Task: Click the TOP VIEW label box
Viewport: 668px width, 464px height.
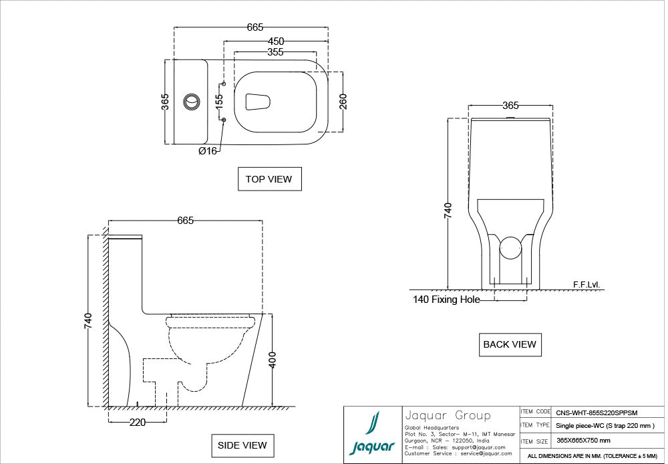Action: coord(269,179)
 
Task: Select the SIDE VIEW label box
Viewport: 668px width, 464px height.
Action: coord(242,445)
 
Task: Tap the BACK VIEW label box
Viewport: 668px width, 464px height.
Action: coord(510,344)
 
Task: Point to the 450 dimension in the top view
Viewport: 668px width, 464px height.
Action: coord(275,39)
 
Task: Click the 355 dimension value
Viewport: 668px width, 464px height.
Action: coord(275,51)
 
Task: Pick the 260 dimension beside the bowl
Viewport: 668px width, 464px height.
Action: coord(343,102)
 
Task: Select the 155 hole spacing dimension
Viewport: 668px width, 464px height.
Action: coord(219,102)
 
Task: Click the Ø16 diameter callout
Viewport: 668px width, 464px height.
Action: coord(207,151)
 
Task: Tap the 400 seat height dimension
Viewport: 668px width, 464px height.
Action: coord(272,360)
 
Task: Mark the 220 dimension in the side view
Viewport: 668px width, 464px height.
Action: coord(137,423)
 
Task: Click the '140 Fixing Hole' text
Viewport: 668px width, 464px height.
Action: coord(446,300)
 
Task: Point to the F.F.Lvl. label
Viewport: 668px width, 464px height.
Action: coord(587,285)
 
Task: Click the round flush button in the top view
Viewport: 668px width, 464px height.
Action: coord(192,102)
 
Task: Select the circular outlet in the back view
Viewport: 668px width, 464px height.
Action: coord(511,247)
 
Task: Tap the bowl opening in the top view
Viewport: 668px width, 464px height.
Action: coord(259,102)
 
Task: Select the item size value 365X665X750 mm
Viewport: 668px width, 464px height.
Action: coord(583,441)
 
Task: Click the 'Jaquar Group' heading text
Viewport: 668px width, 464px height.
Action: coord(448,415)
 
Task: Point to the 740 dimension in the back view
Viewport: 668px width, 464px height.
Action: coord(448,209)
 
